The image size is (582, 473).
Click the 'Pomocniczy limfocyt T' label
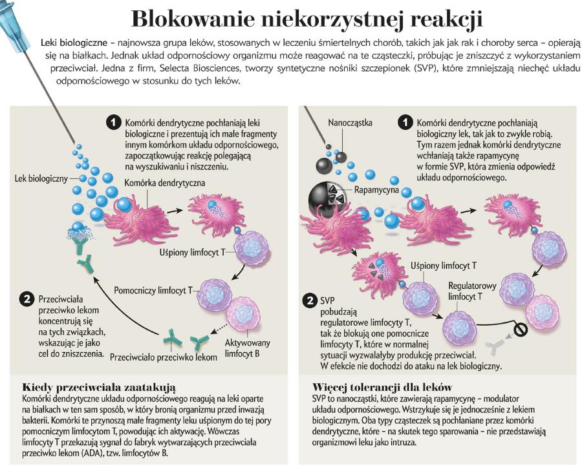coord(153,290)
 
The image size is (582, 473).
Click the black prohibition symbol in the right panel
coord(521,330)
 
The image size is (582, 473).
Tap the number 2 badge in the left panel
coord(26,300)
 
